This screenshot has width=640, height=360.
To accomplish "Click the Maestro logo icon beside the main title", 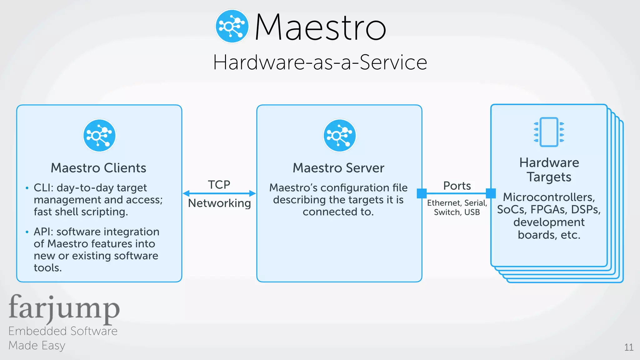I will tap(232, 26).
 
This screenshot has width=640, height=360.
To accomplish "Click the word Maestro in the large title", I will tap(320, 27).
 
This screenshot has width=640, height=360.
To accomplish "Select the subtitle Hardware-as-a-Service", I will tap(320, 62).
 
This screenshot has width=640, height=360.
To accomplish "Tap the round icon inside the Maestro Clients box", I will tap(99, 136).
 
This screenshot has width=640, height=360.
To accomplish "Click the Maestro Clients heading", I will tap(98, 168).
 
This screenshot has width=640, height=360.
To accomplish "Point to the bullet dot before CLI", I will tap(27, 188).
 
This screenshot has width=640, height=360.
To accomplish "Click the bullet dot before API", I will tap(27, 232).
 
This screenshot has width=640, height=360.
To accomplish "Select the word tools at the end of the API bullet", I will tap(48, 268).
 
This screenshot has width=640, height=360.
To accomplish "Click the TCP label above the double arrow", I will tap(219, 185).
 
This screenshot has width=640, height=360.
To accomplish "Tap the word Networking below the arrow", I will tap(219, 203).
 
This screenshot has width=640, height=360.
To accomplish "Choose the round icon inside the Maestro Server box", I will tap(339, 136).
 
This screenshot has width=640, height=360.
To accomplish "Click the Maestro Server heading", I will tap(338, 168).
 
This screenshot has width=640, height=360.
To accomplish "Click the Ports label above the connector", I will tap(457, 186).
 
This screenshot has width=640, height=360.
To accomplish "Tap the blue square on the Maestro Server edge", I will tap(422, 193).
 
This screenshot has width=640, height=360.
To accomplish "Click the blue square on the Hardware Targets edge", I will tap(491, 193).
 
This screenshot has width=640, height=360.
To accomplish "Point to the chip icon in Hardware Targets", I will tap(549, 132).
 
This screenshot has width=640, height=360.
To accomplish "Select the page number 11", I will tap(628, 347).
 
